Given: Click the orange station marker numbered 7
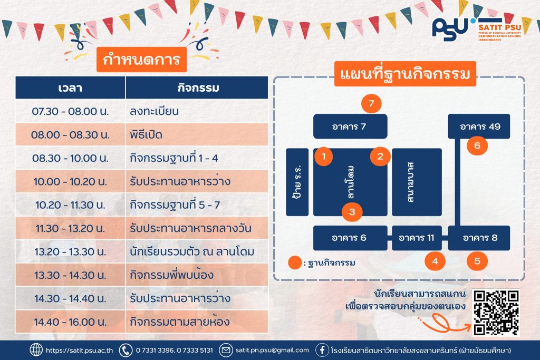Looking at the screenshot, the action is pos(371,104).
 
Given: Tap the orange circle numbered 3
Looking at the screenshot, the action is pos(352,212).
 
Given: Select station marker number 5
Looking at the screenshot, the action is pos(477,261).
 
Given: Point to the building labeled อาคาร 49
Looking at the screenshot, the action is pos(479,127).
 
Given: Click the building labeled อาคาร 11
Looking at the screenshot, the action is pos(417,238).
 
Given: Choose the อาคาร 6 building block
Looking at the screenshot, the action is pos(350,238).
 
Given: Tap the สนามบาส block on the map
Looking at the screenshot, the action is pos(417,182).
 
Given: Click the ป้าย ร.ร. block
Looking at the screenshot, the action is pos(297,182).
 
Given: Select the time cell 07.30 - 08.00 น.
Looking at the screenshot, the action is pos(70,111).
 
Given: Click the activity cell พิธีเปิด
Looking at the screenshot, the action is pos(197,134).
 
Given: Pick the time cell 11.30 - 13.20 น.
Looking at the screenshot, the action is pos(70,228).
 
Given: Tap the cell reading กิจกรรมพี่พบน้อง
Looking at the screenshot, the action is pos(197,275).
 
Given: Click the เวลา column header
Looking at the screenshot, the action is pos(70,88).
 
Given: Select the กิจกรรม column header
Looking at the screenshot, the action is pos(197,88).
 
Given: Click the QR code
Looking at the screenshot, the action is pos(496,313).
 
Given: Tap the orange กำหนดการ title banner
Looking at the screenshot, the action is pos(141,60).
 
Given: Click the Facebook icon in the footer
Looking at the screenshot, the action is pos(322,351).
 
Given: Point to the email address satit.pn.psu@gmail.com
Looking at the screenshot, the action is pos(272,351).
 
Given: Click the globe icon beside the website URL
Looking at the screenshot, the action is pos(36,350).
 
